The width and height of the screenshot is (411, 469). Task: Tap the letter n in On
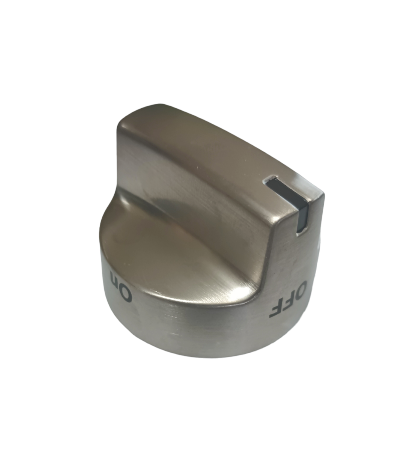pos(115,277)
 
